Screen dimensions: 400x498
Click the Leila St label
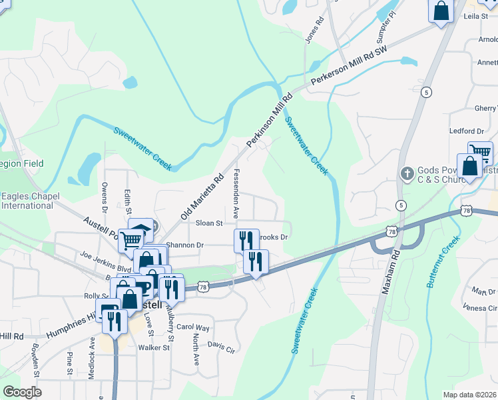pyautogui.click(x=475, y=15)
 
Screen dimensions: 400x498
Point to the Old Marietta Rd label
pyautogui.click(x=202, y=198)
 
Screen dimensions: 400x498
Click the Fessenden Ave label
pyautogui.click(x=236, y=195)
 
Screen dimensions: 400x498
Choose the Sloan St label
pyautogui.click(x=208, y=223)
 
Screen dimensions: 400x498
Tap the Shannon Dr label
pyautogui.click(x=184, y=245)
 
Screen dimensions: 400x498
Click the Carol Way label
pyautogui.click(x=193, y=328)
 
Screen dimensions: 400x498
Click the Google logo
pyautogui.click(x=22, y=392)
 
